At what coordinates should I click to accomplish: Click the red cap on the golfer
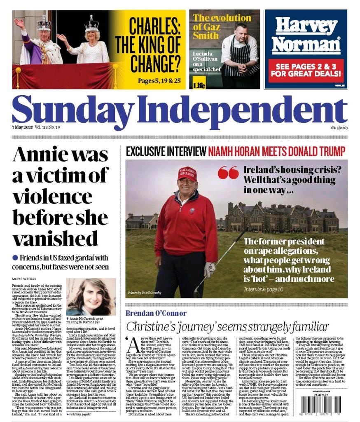(x=187, y=174)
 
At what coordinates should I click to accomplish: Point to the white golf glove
(x=209, y=268)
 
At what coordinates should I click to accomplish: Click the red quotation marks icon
(x=228, y=173)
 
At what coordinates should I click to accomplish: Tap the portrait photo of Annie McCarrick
(x=91, y=296)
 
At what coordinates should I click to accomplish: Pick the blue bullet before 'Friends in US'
(x=15, y=258)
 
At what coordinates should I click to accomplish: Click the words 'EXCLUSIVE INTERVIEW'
(x=166, y=151)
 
